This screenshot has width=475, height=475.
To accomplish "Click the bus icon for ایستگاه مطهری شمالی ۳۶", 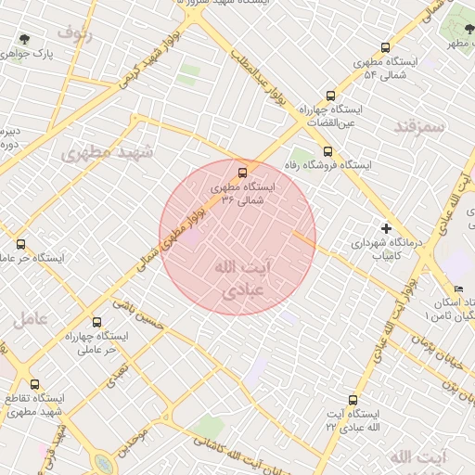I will (243, 173).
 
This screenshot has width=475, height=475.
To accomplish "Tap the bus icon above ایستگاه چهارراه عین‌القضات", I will (331, 95).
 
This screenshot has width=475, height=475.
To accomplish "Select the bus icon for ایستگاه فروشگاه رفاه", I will (327, 151).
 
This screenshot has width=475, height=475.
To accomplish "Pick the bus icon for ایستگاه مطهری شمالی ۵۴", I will (385, 47).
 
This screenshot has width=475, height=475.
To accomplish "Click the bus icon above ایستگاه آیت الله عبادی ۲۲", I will (352, 399).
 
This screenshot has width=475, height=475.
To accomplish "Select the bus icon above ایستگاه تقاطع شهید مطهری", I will (34, 384).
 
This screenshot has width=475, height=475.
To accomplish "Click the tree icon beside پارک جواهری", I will (24, 40).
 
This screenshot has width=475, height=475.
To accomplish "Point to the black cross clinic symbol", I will (386, 228).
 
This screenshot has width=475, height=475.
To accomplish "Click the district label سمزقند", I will (419, 125).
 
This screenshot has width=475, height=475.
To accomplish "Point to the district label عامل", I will (30, 320).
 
